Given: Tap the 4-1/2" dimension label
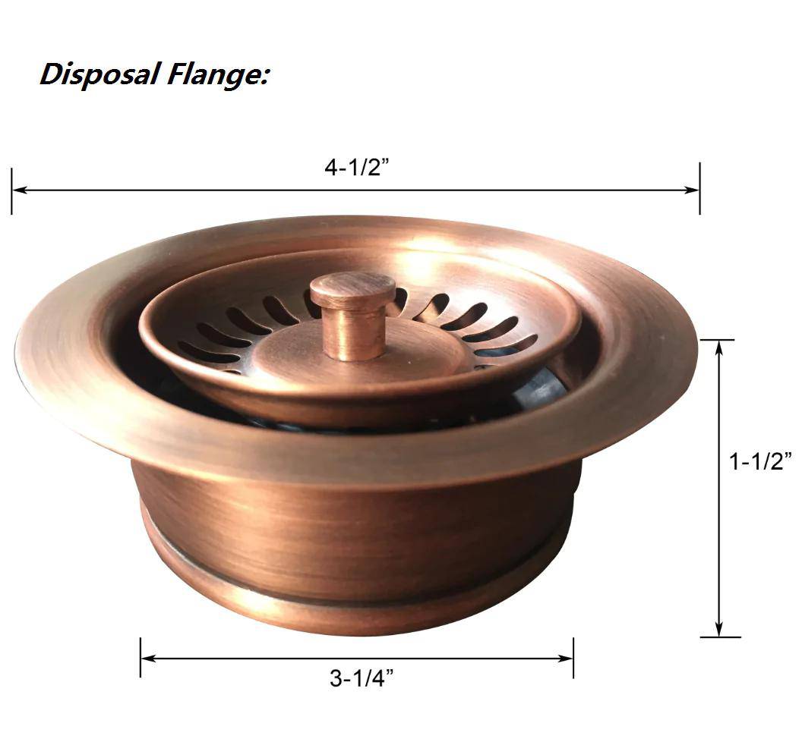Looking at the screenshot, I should click(356, 168).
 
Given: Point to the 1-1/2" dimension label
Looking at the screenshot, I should click(760, 461).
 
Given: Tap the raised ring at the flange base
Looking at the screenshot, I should click(357, 607).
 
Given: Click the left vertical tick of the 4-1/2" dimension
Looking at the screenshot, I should click(12, 190).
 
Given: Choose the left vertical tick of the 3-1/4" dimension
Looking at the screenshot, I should click(141, 657).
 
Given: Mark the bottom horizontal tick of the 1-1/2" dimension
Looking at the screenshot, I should click(719, 637).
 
